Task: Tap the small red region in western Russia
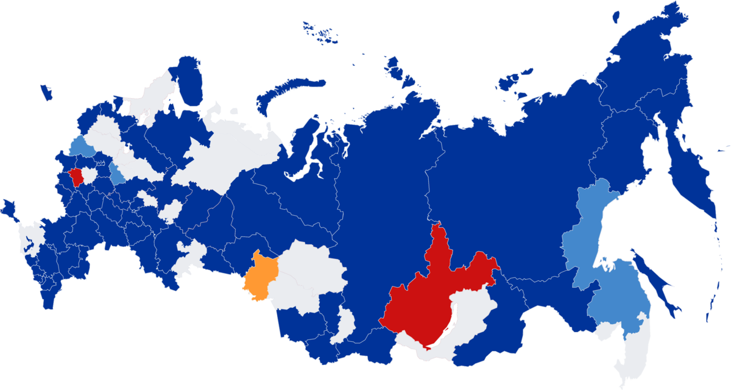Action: click(x=77, y=177)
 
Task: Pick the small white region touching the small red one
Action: click(x=89, y=175)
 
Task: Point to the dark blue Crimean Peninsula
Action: click(x=9, y=207)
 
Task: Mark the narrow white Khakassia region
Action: click(x=345, y=323)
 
